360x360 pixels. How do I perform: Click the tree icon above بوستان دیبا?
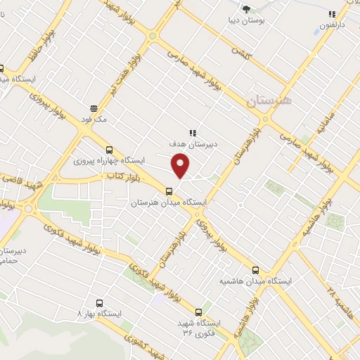coord(246,9)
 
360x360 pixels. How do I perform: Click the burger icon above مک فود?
coord(93,108)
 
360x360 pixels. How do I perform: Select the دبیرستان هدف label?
coord(191,143)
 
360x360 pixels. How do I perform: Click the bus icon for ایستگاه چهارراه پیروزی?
coord(108,149)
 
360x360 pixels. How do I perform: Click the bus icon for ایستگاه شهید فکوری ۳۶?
coord(199,311)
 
